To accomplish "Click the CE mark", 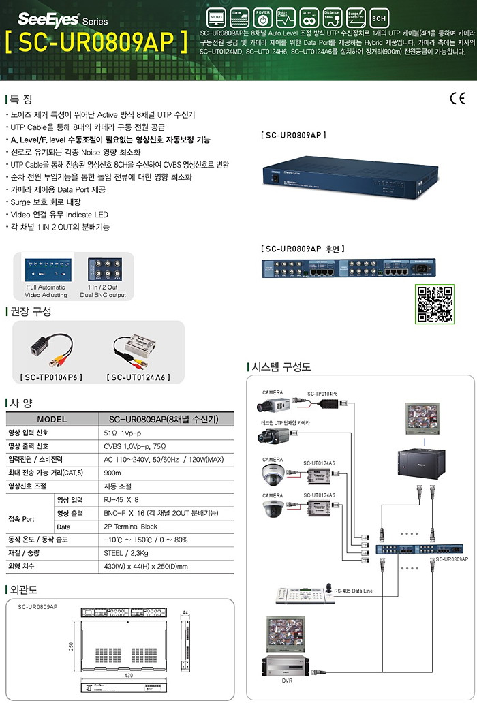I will (x=457, y=98).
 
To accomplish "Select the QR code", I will (x=434, y=304).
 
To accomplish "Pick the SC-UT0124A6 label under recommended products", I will (x=138, y=377).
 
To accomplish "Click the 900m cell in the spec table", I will (x=112, y=473).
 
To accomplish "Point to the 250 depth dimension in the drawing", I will (x=70, y=646).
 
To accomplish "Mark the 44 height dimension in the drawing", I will (x=185, y=611).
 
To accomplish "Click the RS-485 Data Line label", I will (x=354, y=591).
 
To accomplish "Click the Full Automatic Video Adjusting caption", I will (x=46, y=291).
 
